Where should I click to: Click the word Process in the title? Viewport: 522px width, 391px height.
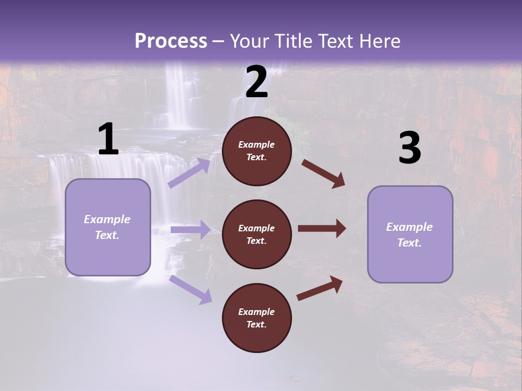coord(171,41)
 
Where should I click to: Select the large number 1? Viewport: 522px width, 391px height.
coord(108,140)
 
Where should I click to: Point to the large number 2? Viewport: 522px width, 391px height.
coord(257,82)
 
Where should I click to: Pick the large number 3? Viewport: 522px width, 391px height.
coord(409,148)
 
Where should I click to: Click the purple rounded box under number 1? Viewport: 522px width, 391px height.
coord(108,227)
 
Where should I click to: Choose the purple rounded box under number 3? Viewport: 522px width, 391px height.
coord(410,235)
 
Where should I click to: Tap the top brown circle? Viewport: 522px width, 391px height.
coord(257,151)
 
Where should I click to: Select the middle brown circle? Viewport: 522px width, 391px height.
coord(257,234)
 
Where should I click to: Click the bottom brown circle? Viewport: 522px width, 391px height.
coord(257,318)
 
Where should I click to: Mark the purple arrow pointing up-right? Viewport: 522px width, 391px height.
coord(189,172)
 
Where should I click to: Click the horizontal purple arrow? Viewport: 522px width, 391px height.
coord(190,230)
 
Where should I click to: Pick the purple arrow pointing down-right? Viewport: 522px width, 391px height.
coord(190,289)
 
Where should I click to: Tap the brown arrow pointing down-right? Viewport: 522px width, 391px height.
coord(323,174)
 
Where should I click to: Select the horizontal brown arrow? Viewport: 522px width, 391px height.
coord(322,228)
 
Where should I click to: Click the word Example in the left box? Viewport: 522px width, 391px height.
coord(107,219)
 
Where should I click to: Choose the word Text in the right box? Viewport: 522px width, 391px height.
coord(409,243)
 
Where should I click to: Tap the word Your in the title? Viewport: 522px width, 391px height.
coord(247,41)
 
